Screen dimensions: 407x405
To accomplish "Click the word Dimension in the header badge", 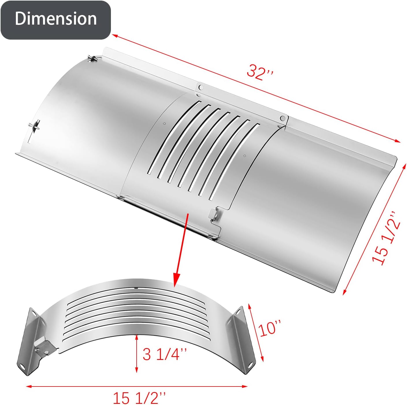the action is point(55,19).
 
